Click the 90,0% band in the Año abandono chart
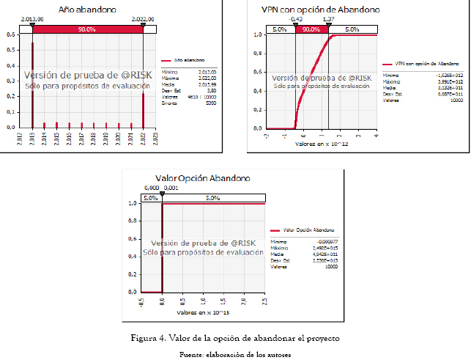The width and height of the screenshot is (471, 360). tap(87, 29)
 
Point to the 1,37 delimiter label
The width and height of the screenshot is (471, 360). tap(328, 19)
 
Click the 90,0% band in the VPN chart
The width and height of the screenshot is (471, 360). tap(311, 29)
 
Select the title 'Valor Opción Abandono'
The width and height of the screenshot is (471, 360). tap(203, 178)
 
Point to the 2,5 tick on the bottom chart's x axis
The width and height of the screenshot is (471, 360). tap(264, 301)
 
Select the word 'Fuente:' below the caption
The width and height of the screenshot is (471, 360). tap(192, 354)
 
